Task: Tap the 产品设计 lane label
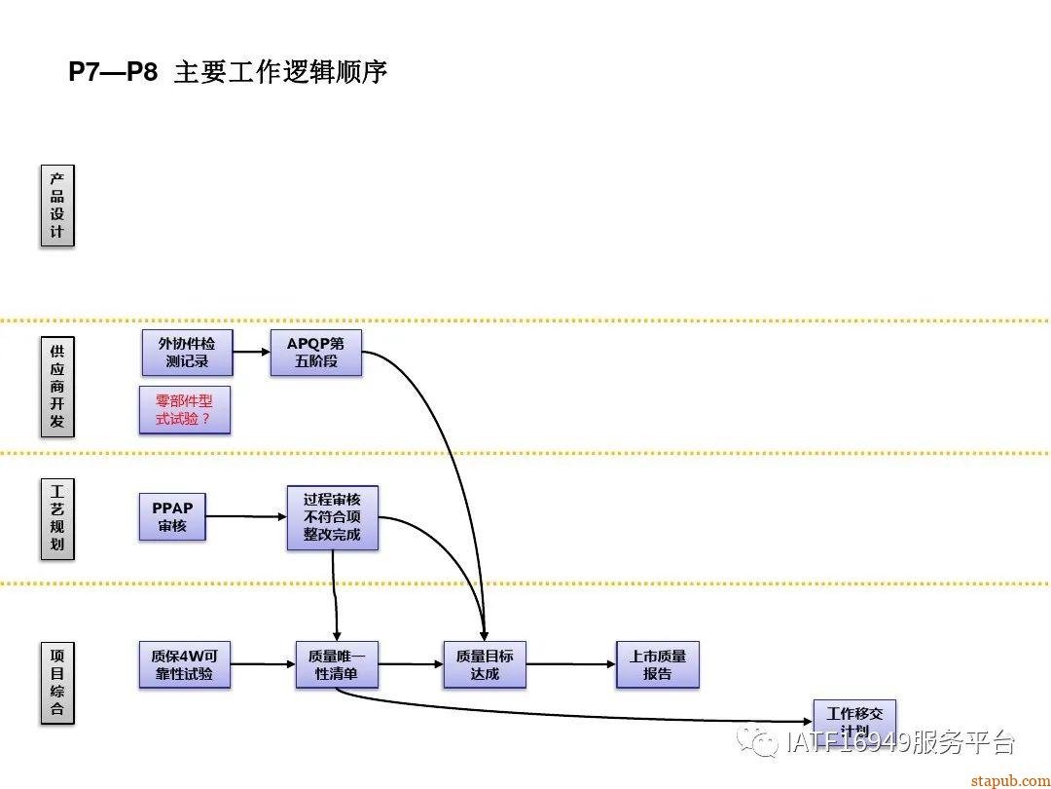click(x=57, y=206)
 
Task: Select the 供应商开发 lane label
click(x=57, y=386)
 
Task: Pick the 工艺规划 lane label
click(x=57, y=518)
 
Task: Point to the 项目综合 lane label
click(x=57, y=683)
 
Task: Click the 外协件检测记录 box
click(x=188, y=353)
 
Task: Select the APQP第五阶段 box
click(x=315, y=353)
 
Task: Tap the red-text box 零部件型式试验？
click(x=184, y=410)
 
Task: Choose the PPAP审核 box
click(x=172, y=516)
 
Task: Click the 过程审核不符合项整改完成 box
click(x=332, y=517)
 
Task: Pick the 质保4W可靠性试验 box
click(x=184, y=664)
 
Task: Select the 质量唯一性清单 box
click(x=337, y=664)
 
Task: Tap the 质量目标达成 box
click(x=485, y=664)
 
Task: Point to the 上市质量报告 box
click(x=658, y=664)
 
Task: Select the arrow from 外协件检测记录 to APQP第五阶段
click(x=251, y=353)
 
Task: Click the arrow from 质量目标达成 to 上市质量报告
click(x=570, y=664)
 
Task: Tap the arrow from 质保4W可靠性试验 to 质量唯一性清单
click(x=263, y=664)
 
